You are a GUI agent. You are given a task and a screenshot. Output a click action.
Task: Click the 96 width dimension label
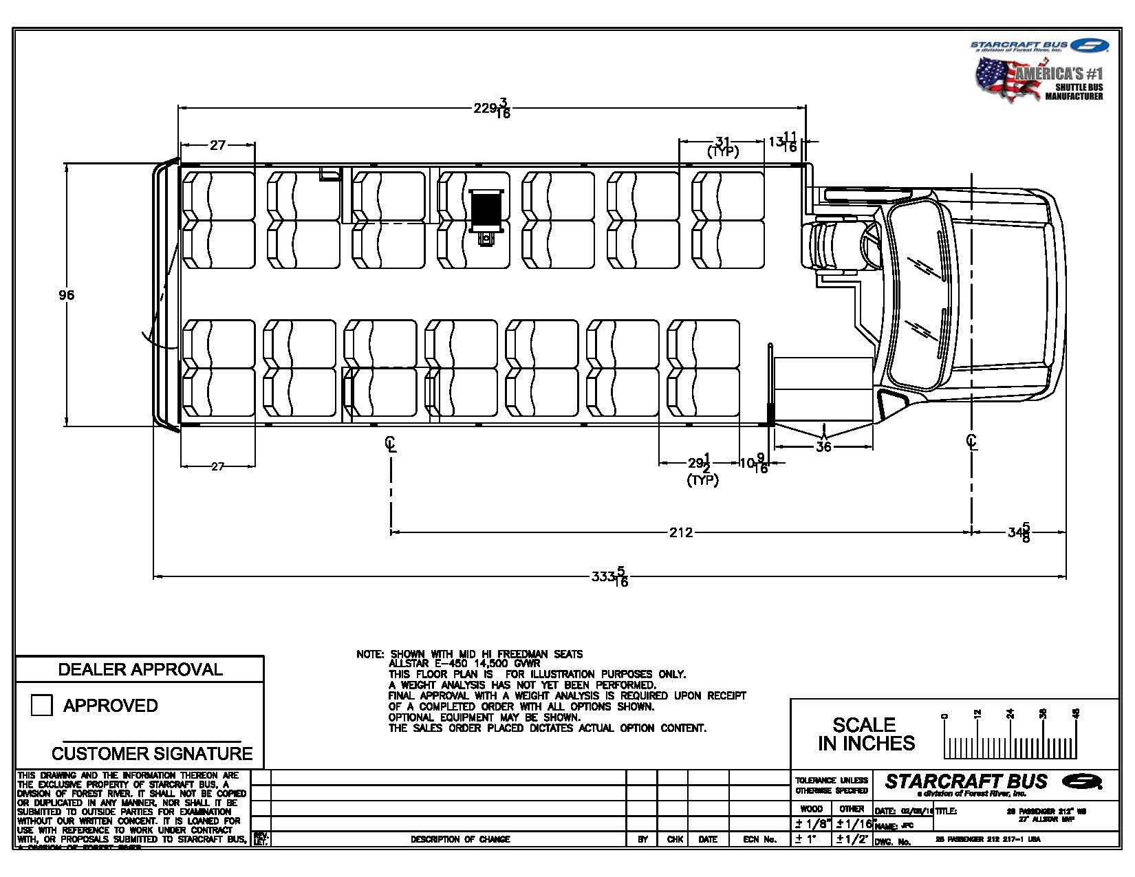tap(66, 295)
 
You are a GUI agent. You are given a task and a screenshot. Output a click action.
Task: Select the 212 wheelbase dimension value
tap(680, 532)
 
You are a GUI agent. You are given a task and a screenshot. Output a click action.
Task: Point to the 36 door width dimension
tap(823, 447)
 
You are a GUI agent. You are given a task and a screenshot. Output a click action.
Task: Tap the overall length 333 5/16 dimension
tap(609, 576)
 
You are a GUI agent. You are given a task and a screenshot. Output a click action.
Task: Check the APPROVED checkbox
tap(42, 705)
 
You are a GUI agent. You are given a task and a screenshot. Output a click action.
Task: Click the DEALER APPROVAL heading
tap(140, 669)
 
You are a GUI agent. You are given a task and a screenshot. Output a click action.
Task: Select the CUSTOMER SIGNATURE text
tap(152, 753)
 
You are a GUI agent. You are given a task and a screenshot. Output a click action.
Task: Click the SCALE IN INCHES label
tap(865, 734)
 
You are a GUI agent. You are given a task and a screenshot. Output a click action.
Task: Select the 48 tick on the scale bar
tap(1077, 713)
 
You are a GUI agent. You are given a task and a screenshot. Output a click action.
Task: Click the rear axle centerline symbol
tap(391, 444)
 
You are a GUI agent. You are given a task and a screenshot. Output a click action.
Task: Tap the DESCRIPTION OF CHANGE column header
tap(460, 839)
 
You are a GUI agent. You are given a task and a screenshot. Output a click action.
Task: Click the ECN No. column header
tap(759, 839)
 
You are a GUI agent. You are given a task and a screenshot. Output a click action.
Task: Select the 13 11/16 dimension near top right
tap(783, 142)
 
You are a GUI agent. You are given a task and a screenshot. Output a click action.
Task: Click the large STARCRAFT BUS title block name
tap(966, 781)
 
